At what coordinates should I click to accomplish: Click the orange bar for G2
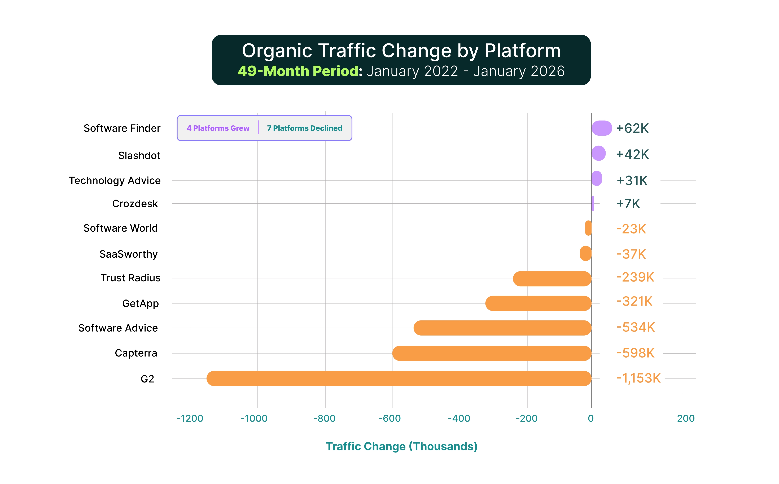[399, 378]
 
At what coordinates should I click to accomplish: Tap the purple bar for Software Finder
[602, 128]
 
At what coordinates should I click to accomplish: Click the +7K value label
[628, 204]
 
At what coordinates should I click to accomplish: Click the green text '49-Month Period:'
[300, 71]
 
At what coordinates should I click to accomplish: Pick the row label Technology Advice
[115, 181]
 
